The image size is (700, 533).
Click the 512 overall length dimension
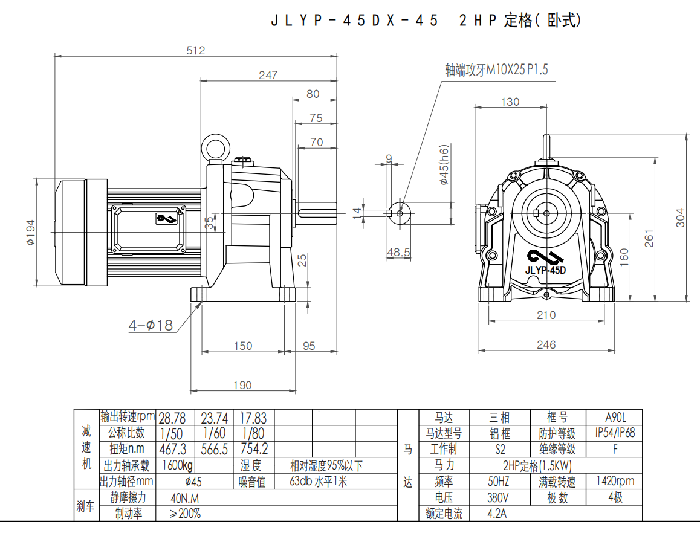pos(195,51)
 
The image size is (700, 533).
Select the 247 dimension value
pos(267,75)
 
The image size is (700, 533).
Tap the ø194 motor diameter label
pos(31,232)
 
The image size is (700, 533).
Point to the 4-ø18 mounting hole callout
pos(151,325)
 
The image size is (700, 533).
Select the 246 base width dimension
pos(546,344)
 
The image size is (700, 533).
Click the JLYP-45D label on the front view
pos(545,270)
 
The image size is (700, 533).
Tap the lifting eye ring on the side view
pos(215,147)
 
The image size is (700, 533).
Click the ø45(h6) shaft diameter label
pos(444,164)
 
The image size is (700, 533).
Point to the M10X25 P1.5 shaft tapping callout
pos(496,70)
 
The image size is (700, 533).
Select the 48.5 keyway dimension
pos(398,252)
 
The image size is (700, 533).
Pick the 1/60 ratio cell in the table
pos(214,433)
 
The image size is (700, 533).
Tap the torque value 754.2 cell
pos(254,449)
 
